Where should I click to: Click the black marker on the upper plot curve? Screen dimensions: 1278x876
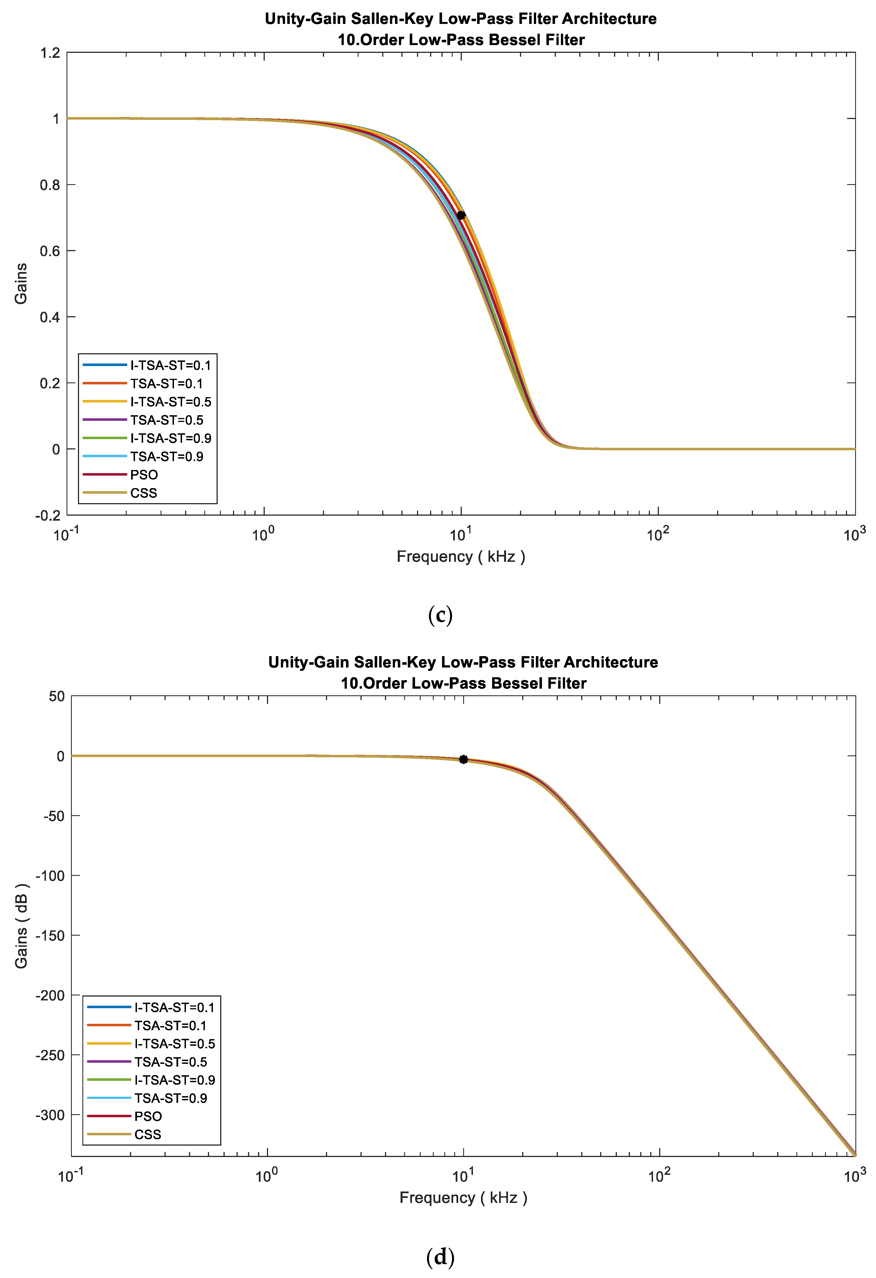point(461,215)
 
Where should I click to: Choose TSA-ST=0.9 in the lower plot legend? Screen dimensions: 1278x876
point(171,1098)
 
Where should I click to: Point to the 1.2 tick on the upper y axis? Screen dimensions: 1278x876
point(50,53)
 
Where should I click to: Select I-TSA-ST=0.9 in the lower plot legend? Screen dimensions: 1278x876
point(175,1080)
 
